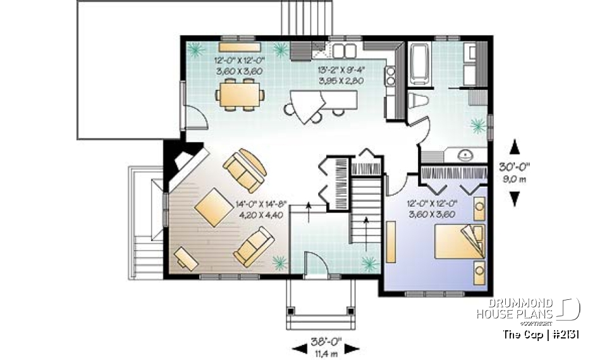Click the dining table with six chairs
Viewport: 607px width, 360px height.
coord(240,96)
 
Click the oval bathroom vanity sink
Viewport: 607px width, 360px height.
coord(465,154)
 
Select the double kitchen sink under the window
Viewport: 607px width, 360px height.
coord(345,51)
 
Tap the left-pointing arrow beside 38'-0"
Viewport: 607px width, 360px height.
coord(298,349)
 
